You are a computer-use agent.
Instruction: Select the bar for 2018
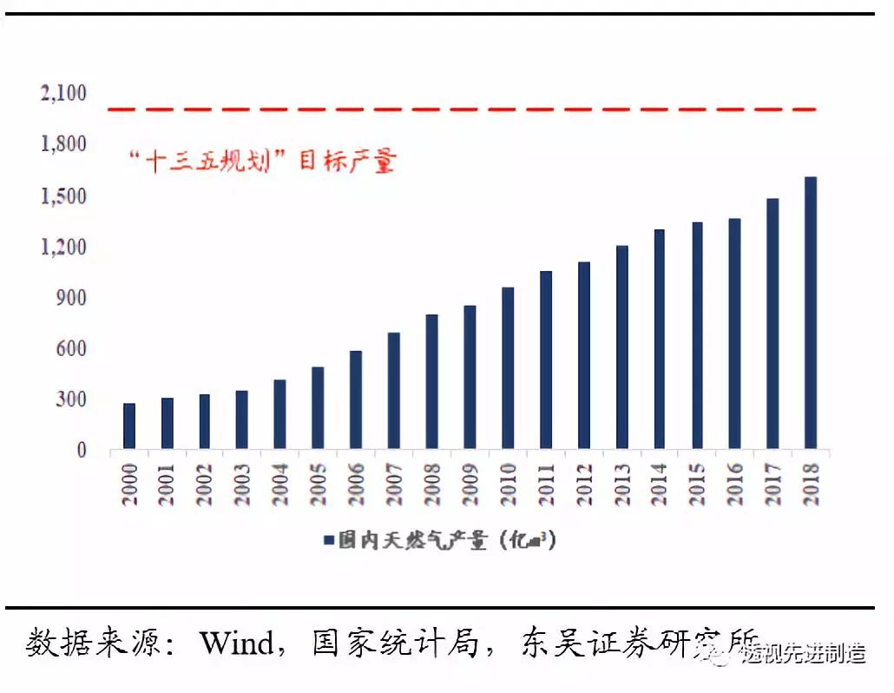click(x=810, y=313)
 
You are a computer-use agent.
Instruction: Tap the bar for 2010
click(x=508, y=368)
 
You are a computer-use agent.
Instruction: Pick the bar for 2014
click(x=659, y=340)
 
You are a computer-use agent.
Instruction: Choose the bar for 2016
click(x=734, y=334)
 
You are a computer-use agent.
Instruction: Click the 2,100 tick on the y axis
click(x=63, y=93)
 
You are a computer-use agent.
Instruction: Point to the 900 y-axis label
click(x=70, y=298)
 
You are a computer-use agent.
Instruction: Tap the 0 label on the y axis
click(x=82, y=450)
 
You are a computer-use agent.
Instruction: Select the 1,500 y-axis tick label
click(x=63, y=196)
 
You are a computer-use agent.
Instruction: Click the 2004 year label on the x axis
click(x=279, y=485)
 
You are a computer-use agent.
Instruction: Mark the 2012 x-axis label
click(x=583, y=485)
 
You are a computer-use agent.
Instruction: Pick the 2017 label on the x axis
click(x=772, y=485)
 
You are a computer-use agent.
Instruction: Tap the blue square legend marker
click(x=328, y=541)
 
